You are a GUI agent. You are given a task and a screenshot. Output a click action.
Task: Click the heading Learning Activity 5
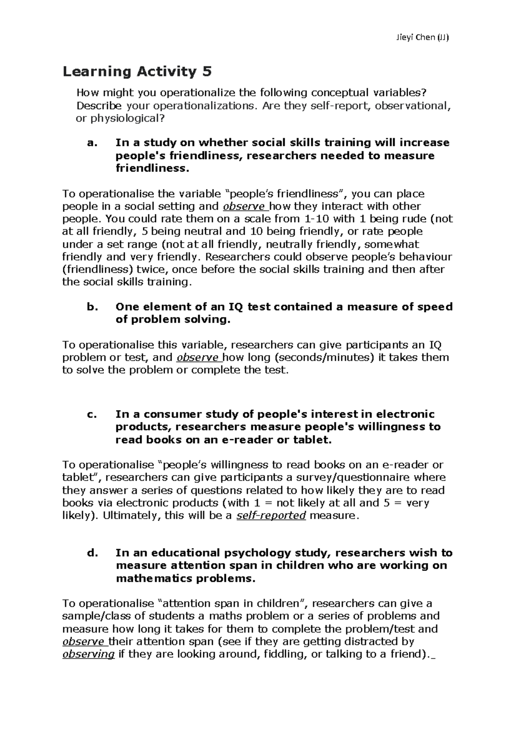tap(137, 71)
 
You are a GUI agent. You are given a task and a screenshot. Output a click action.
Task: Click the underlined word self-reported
tap(271, 515)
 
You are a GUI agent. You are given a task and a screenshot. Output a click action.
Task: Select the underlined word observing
tap(89, 654)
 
